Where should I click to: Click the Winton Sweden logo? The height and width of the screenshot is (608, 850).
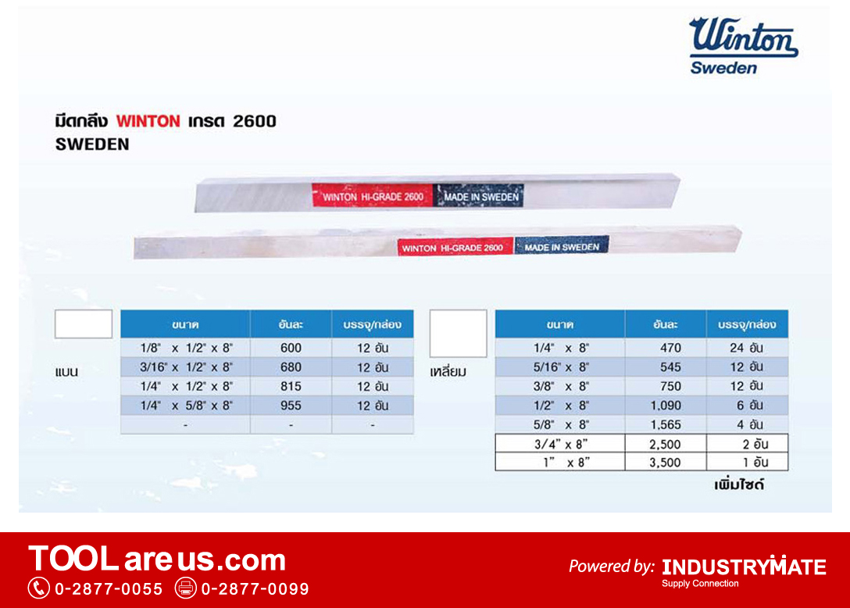743,45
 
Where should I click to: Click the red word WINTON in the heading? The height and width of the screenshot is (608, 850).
148,121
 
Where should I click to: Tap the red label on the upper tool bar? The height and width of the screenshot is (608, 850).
373,196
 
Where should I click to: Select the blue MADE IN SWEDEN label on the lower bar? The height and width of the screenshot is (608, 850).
562,245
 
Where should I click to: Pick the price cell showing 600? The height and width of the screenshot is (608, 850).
291,348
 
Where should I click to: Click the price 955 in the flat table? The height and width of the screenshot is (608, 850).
291,405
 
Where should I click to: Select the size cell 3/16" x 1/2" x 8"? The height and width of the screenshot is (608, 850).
185,367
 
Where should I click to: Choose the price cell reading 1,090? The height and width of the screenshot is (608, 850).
666,405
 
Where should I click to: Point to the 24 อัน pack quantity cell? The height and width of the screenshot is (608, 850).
746,348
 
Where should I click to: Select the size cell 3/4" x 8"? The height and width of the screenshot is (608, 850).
560,444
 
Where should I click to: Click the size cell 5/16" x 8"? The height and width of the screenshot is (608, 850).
560,367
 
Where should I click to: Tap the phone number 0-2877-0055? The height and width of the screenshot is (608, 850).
109,589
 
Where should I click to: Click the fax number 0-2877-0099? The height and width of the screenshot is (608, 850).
255,589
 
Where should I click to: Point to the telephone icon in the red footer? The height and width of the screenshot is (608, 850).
38,588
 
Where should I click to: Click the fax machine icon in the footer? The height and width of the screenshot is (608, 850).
185,588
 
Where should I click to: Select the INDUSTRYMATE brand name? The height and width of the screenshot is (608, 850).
744,567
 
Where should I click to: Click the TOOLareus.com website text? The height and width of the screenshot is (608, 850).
157,559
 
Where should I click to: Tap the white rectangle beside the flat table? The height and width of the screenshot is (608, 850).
84,324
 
